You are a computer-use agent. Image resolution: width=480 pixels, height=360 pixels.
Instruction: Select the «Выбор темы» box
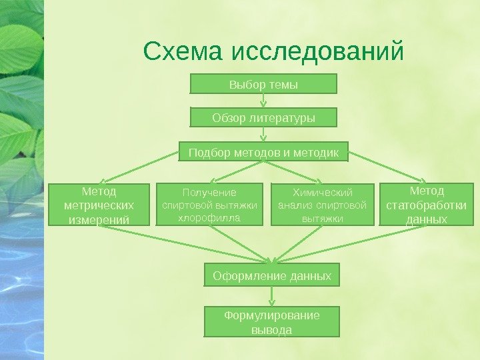pyautogui.click(x=263, y=84)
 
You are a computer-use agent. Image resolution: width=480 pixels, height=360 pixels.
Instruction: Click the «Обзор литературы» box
pyautogui.click(x=263, y=118)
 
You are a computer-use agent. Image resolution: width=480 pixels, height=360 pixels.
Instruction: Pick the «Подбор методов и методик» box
pyautogui.click(x=263, y=153)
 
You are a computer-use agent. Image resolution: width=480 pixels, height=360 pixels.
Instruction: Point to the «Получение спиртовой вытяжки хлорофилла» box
pyautogui.click(x=209, y=205)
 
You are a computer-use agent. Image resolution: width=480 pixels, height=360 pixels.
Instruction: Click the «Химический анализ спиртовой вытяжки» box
pyautogui.click(x=322, y=205)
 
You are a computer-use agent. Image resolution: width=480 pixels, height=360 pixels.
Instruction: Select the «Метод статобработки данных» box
pyautogui.click(x=427, y=204)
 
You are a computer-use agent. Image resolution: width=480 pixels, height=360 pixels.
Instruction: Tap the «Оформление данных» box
pyautogui.click(x=271, y=275)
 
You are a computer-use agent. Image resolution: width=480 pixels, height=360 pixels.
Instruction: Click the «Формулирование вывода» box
pyautogui.click(x=271, y=322)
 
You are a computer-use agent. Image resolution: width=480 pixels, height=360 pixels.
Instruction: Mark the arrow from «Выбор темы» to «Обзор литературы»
pyautogui.click(x=264, y=101)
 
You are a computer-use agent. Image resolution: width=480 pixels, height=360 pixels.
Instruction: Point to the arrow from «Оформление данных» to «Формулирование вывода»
pyautogui.click(x=271, y=297)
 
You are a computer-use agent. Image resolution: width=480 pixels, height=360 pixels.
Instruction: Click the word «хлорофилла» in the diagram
pyautogui.click(x=209, y=217)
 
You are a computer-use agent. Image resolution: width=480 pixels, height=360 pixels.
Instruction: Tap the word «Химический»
pyautogui.click(x=322, y=193)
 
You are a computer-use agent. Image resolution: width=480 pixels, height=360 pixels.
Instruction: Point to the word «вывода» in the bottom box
pyautogui.click(x=271, y=329)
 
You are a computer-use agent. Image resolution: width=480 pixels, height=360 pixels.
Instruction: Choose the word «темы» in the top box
pyautogui.click(x=283, y=85)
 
